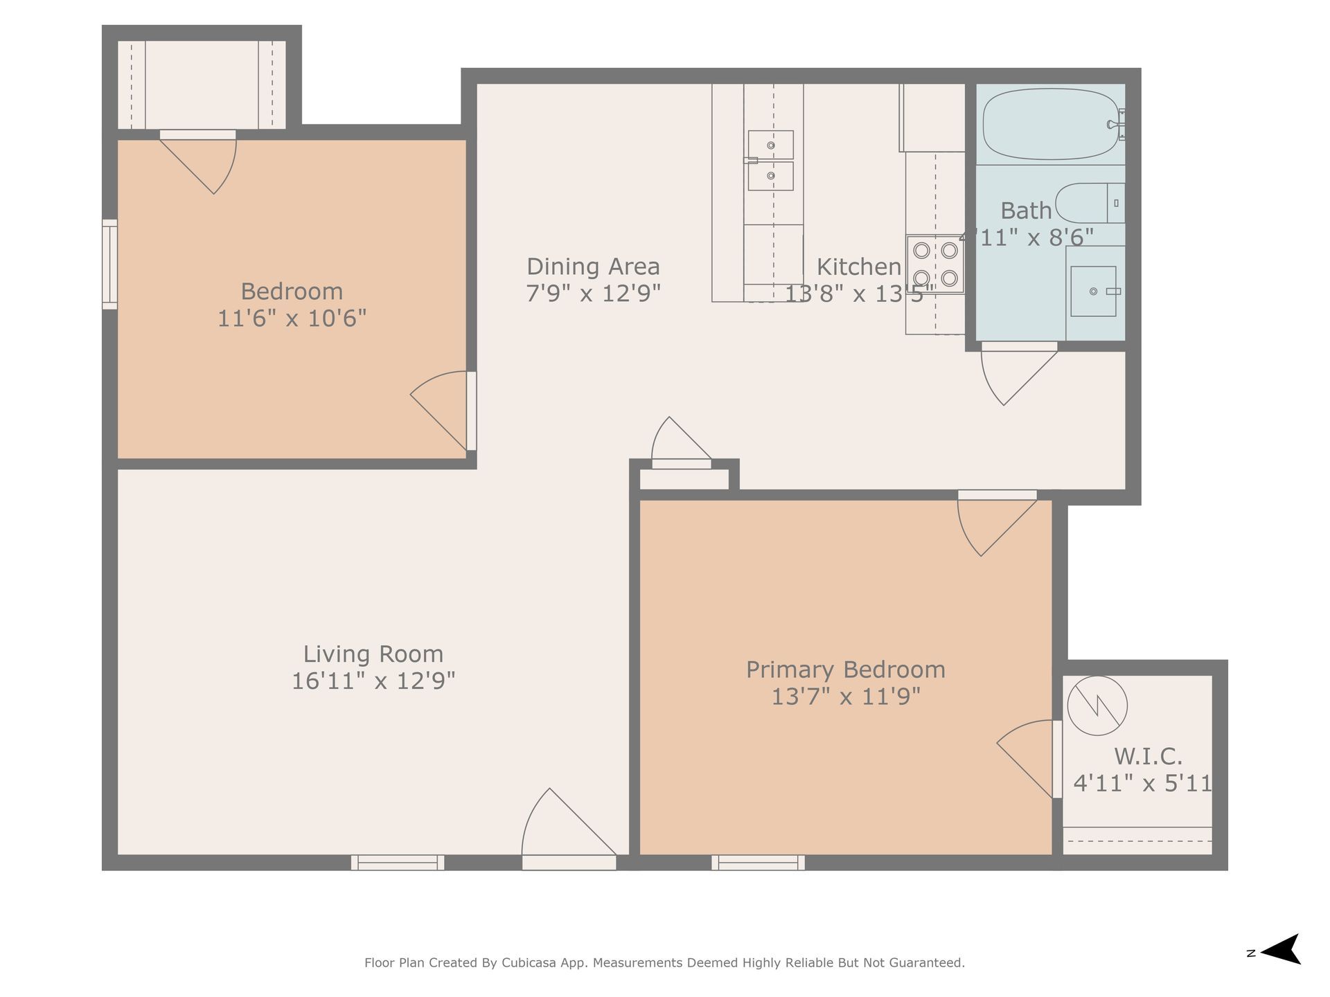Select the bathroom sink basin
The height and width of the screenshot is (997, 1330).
(1094, 291)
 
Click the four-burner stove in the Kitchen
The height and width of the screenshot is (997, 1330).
(935, 264)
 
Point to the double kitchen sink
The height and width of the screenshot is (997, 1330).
(770, 160)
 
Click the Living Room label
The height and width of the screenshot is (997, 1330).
(373, 654)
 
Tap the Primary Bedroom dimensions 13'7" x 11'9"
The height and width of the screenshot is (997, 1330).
(846, 696)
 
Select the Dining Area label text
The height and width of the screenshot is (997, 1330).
(593, 267)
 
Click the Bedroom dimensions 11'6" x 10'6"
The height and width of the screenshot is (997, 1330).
(292, 318)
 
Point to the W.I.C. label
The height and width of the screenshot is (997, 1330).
(1147, 755)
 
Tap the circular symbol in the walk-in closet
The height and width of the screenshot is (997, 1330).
(1097, 706)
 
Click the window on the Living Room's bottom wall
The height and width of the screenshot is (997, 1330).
(398, 863)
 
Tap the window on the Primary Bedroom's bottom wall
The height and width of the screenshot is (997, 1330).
(758, 863)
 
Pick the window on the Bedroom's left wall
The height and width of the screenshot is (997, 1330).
(109, 264)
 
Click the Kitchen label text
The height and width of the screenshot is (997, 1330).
(859, 267)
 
